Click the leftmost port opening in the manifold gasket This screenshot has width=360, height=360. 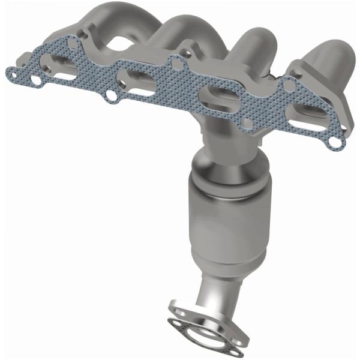point(61,68)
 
